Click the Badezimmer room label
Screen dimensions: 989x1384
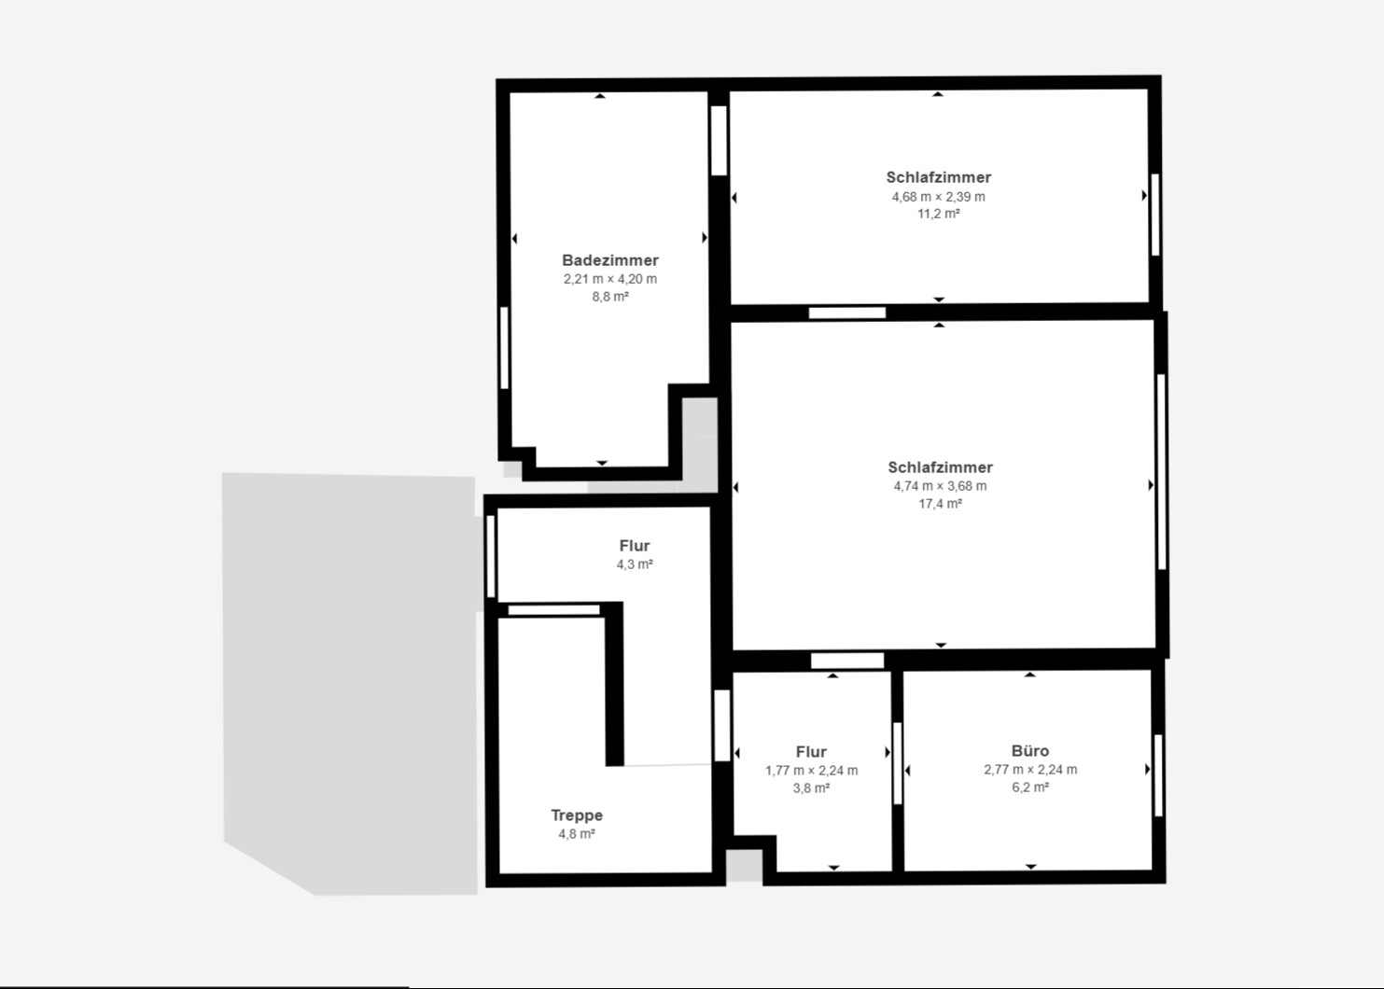point(610,260)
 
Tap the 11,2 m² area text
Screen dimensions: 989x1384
point(939,214)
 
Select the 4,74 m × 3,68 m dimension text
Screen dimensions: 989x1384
point(940,486)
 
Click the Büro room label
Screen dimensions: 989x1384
point(1030,751)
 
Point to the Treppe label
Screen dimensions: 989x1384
point(577,815)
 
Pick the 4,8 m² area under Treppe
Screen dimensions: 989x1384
point(577,834)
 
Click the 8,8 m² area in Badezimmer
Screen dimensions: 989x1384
point(610,297)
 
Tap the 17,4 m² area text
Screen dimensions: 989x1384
point(940,504)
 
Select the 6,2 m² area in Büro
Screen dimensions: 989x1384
point(1030,787)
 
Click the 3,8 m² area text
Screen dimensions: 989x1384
point(811,788)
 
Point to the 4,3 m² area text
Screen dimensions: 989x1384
point(635,564)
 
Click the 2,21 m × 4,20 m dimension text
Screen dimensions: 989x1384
point(610,279)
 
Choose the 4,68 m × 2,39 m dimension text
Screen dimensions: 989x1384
point(939,197)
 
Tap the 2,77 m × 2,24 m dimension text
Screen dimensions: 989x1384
point(1030,770)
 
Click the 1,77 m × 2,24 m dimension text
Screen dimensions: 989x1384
point(811,771)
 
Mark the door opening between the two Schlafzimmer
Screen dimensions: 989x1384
point(847,313)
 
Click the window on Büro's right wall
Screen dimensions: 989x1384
point(1158,775)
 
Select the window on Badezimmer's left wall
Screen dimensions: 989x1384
point(504,348)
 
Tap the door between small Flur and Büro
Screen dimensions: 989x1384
point(898,763)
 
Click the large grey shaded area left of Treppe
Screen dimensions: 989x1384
point(350,681)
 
